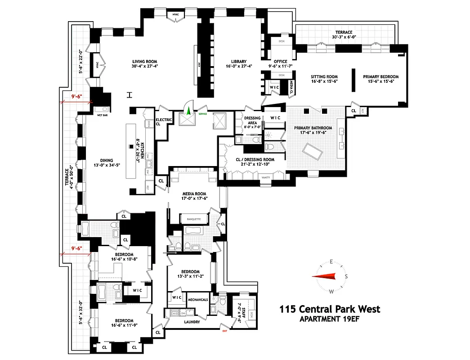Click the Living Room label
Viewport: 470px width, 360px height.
pyautogui.click(x=144, y=62)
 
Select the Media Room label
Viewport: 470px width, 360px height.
pyautogui.click(x=194, y=193)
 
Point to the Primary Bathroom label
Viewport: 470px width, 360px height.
pyautogui.click(x=313, y=128)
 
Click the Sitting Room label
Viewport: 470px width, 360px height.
pyautogui.click(x=324, y=76)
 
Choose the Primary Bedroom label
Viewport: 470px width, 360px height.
pyautogui.click(x=380, y=76)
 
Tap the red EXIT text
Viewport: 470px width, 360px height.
pyautogui.click(x=224, y=332)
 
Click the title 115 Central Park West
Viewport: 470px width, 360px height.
pyautogui.click(x=330, y=309)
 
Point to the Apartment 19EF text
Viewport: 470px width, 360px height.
pyautogui.click(x=330, y=319)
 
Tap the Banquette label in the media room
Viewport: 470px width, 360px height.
pyautogui.click(x=193, y=220)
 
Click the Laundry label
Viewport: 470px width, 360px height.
pyautogui.click(x=192, y=322)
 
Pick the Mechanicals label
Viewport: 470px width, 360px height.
pyautogui.click(x=197, y=299)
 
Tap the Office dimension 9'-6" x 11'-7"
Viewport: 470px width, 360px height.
pyautogui.click(x=277, y=66)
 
